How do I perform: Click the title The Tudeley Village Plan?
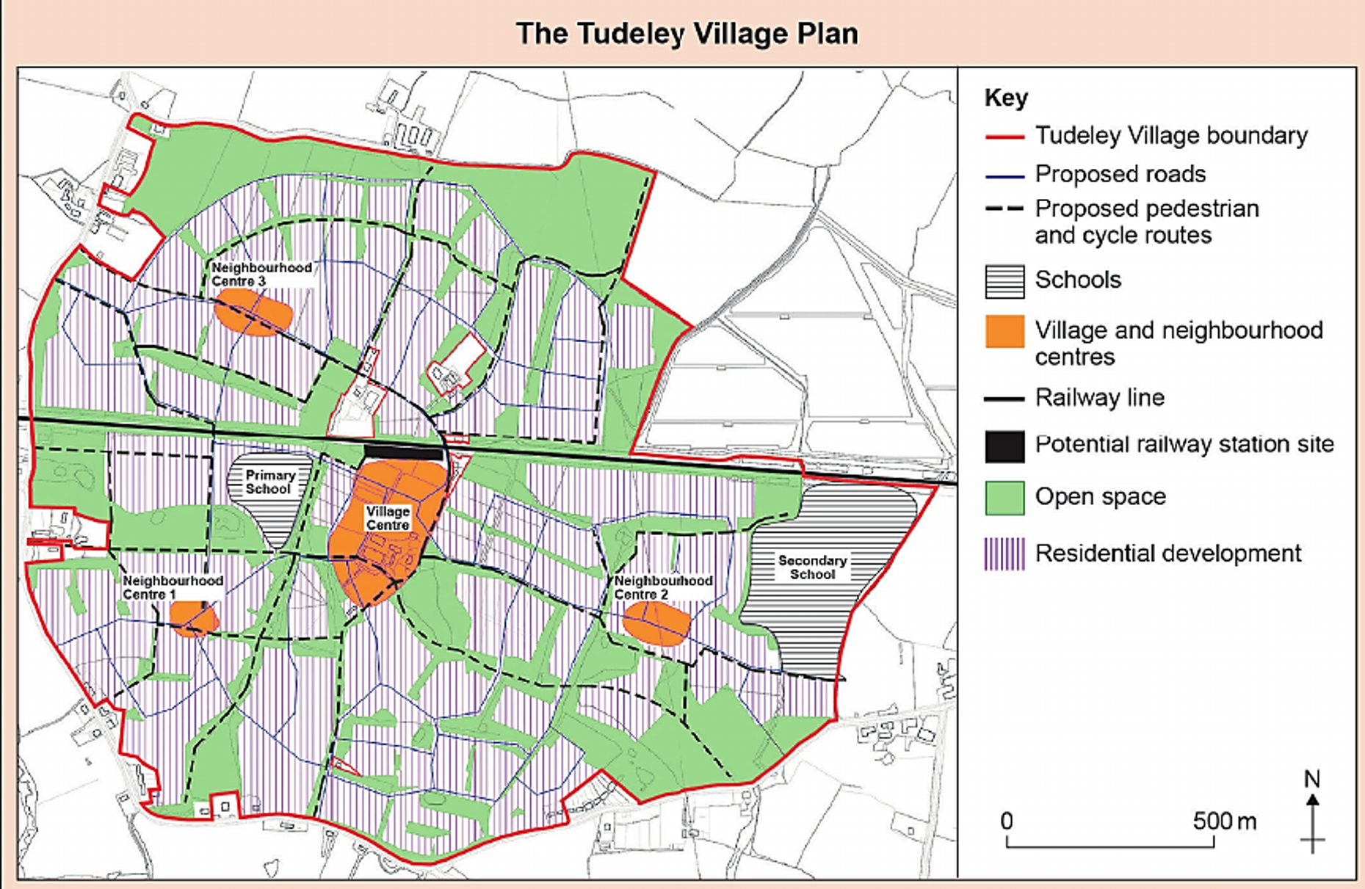687,34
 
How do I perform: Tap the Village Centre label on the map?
388,518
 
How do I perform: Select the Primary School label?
269,482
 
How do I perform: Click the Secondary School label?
812,567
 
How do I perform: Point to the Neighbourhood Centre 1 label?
173,587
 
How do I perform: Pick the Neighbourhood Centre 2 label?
663,587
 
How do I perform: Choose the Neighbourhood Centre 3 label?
261,274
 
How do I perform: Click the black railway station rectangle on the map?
404,451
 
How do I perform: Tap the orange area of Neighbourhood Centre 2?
656,623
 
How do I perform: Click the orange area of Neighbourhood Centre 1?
193,617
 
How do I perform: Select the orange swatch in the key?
1004,331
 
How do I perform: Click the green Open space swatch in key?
1004,497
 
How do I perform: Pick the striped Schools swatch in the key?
1004,281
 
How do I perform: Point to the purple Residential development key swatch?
1004,554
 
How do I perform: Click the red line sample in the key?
1004,137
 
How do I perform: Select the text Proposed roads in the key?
1120,174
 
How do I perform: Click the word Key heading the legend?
1006,98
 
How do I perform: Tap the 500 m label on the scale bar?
1224,820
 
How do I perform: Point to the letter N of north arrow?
1312,779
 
